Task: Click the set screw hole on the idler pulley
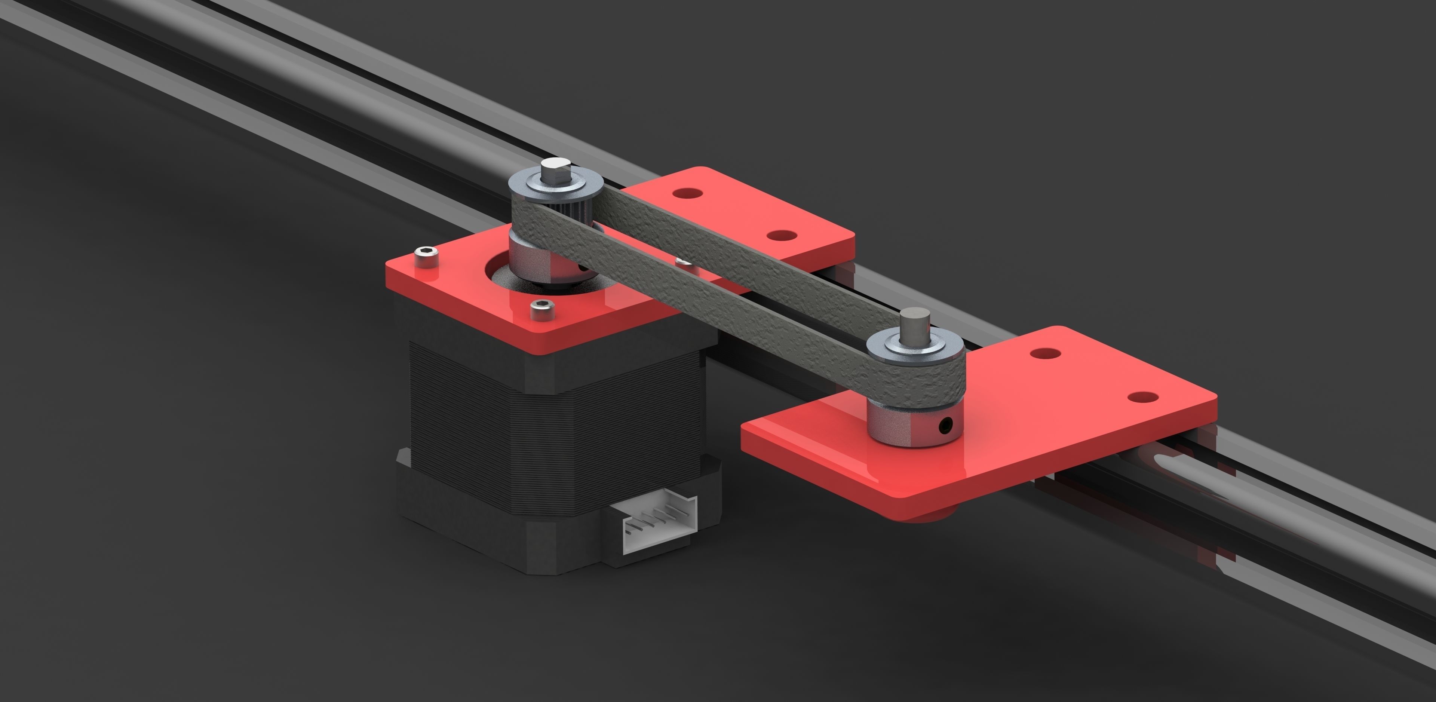tap(944, 427)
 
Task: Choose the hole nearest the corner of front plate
tap(1142, 397)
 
